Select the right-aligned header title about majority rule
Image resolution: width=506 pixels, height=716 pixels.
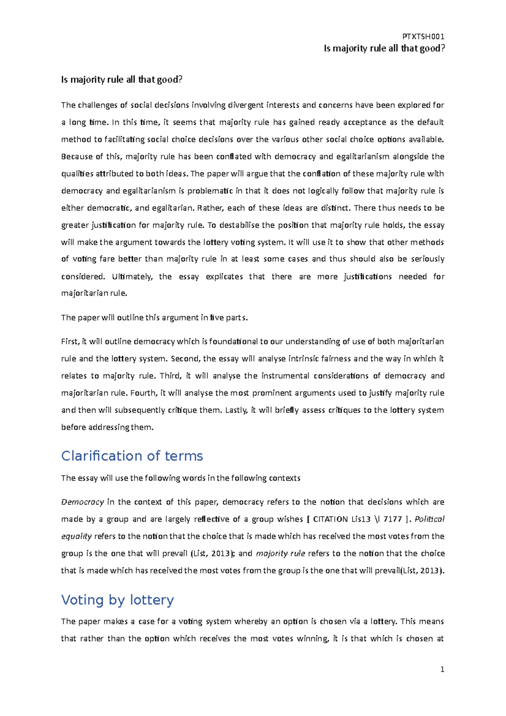[x=384, y=48]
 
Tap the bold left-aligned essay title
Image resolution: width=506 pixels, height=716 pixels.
[x=121, y=80]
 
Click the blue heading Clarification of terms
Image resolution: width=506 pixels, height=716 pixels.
[x=132, y=456]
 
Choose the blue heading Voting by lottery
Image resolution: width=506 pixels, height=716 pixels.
[x=117, y=600]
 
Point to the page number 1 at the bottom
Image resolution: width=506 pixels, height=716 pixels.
[x=442, y=669]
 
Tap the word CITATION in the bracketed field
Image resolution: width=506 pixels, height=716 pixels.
[x=330, y=519]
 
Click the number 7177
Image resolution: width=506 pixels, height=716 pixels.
[x=393, y=519]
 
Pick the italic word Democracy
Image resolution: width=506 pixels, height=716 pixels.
[x=83, y=502]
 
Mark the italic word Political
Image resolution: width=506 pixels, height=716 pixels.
[x=430, y=519]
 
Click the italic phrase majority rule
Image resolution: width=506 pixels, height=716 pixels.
[x=280, y=553]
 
